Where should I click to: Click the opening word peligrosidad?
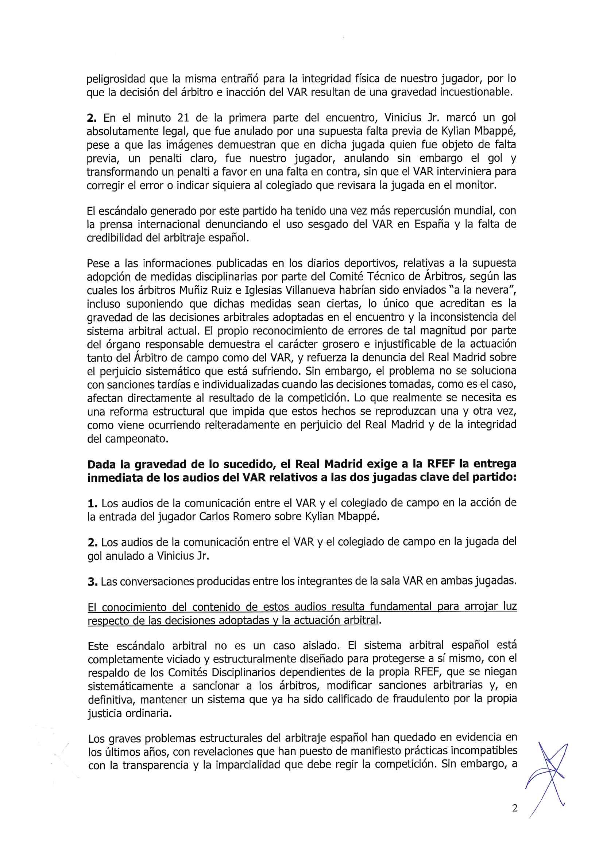click(x=115, y=79)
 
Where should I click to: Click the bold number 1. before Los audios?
click(x=92, y=504)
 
